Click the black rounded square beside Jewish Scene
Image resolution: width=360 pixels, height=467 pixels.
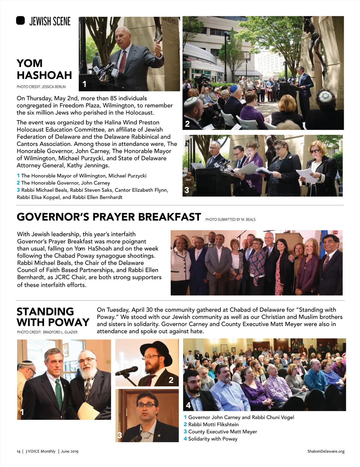click(20, 21)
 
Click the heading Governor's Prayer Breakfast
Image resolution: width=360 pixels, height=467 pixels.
click(109, 217)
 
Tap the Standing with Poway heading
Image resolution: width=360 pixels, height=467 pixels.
click(53, 317)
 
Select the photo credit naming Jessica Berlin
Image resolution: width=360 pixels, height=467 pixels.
click(41, 87)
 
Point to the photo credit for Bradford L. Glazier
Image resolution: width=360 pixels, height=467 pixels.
click(47, 332)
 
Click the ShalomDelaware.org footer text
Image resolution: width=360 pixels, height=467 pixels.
click(326, 451)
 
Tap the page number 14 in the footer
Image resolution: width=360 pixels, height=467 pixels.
click(18, 451)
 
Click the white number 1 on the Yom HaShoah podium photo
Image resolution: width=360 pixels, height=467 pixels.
click(84, 84)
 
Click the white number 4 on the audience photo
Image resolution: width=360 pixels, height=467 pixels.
click(188, 405)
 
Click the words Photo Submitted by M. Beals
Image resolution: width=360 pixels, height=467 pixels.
click(230, 220)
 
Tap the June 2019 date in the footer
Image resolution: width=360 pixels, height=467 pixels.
click(70, 451)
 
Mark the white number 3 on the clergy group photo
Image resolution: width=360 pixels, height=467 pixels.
click(187, 190)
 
